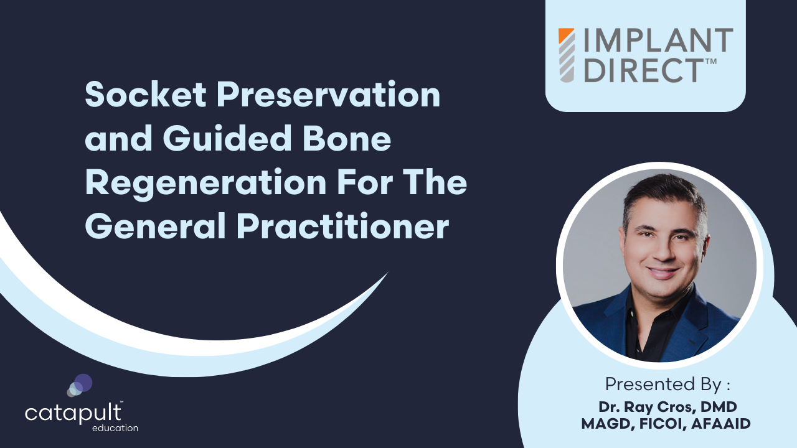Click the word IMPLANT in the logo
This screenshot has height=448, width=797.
[x=658, y=41]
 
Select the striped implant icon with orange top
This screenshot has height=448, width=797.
[x=567, y=55]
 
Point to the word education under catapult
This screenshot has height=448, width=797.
[x=115, y=428]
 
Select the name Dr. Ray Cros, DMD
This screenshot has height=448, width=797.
[x=667, y=407]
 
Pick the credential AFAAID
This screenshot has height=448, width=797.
[x=719, y=423]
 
